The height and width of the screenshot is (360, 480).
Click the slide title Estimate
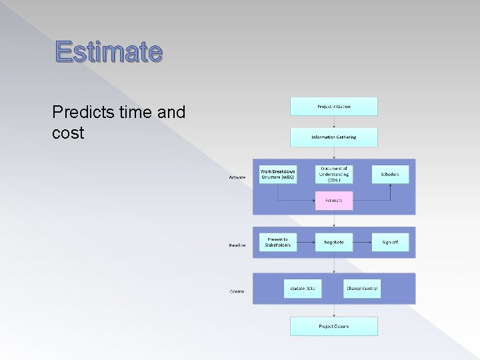pos(109,51)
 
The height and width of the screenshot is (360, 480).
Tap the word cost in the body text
pos(68,133)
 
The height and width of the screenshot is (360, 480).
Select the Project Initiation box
pos(333,107)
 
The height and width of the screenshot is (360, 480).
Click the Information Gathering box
pos(333,137)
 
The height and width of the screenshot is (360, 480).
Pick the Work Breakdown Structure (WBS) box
pos(278,175)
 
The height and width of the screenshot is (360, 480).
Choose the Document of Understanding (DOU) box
pos(333,175)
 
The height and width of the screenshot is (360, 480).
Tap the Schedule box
pos(390,175)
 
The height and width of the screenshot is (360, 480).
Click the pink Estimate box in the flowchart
pos(333,201)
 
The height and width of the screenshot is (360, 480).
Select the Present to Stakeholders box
pos(278,242)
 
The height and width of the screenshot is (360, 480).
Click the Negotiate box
pos(333,242)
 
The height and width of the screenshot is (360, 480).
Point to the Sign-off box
pos(390,242)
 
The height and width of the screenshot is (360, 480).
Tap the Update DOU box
pos(303,289)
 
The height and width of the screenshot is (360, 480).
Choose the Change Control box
pos(362,289)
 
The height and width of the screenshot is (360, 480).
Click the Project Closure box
pos(333,326)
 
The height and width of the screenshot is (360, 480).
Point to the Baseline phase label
pos(237,245)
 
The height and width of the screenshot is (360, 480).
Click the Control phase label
pos(237,291)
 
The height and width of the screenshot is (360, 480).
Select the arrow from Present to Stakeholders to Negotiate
pos(306,242)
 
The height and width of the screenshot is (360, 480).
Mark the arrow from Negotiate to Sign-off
pos(362,242)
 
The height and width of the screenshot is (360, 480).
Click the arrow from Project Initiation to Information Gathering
pos(333,122)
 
